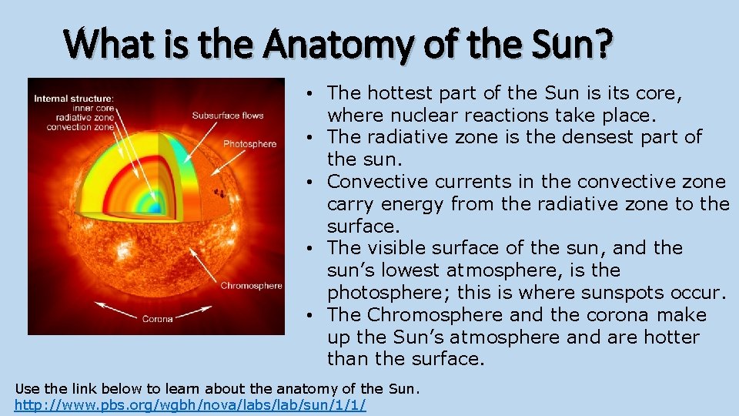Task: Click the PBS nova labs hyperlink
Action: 190,404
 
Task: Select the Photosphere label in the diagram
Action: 249,144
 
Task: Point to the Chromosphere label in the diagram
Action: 251,286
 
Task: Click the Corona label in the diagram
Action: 157,319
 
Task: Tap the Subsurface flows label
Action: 227,116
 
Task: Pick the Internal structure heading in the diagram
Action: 74,98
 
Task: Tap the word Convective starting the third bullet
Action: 378,182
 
